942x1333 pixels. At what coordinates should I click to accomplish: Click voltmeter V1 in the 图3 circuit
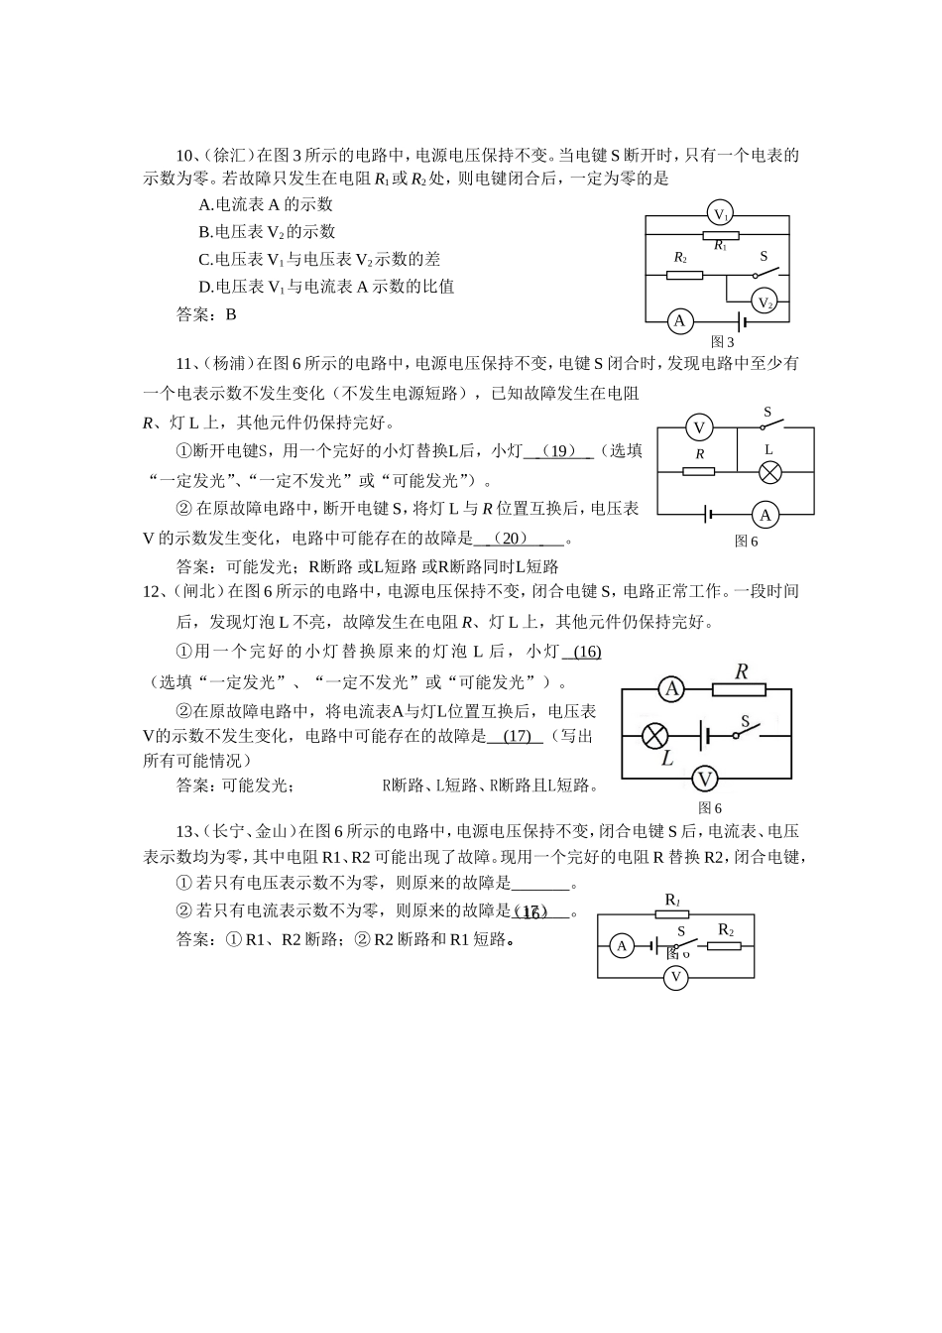pyautogui.click(x=721, y=214)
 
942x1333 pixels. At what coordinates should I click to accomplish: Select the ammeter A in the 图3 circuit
pyautogui.click(x=679, y=320)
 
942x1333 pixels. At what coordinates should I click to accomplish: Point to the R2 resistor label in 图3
pyautogui.click(x=679, y=258)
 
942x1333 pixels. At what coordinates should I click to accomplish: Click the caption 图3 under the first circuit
pyautogui.click(x=723, y=342)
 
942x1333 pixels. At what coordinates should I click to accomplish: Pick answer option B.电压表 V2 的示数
pyautogui.click(x=267, y=232)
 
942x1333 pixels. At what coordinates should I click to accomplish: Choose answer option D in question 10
pyautogui.click(x=326, y=287)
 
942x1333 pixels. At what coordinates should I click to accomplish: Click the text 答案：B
pyautogui.click(x=206, y=314)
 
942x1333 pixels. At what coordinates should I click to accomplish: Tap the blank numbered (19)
pyautogui.click(x=561, y=451)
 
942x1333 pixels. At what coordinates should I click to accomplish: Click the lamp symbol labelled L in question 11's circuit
pyautogui.click(x=770, y=473)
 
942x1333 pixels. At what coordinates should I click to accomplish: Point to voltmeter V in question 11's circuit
pyautogui.click(x=699, y=427)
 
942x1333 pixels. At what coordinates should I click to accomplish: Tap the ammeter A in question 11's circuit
pyautogui.click(x=765, y=515)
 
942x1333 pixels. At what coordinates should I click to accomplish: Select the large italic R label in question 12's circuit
pyautogui.click(x=741, y=670)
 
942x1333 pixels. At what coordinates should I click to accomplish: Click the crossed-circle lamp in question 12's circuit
pyautogui.click(x=653, y=736)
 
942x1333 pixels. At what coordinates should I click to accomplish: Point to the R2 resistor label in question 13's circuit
pyautogui.click(x=726, y=930)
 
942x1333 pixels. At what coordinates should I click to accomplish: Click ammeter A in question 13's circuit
pyautogui.click(x=622, y=946)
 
